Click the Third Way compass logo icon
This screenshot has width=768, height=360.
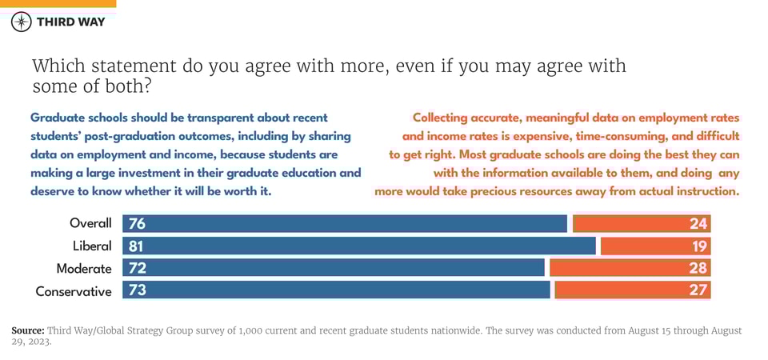pyautogui.click(x=22, y=22)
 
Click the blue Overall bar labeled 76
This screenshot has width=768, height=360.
pyautogui.click(x=344, y=224)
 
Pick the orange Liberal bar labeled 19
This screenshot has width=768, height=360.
pyautogui.click(x=655, y=246)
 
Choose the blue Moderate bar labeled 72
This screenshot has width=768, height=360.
pyautogui.click(x=333, y=268)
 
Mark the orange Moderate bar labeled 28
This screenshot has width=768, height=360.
pyautogui.click(x=630, y=268)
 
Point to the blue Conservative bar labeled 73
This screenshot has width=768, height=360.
pyautogui.click(x=336, y=290)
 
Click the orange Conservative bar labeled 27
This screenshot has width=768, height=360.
pyautogui.click(x=632, y=290)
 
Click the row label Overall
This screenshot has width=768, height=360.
pyautogui.click(x=90, y=224)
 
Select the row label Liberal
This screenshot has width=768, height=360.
pyautogui.click(x=92, y=246)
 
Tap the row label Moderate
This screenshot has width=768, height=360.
pyautogui.click(x=84, y=269)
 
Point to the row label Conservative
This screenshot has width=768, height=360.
pyautogui.click(x=74, y=291)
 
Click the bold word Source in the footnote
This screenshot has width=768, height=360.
pyautogui.click(x=28, y=330)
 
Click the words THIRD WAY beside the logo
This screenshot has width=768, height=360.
pyautogui.click(x=70, y=22)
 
